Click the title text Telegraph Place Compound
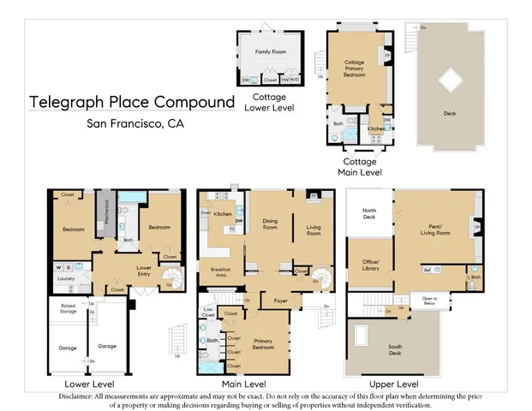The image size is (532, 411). point(132,102)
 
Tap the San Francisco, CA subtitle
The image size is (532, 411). point(135,123)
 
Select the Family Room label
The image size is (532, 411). point(269,51)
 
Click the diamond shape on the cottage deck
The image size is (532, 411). point(451,84)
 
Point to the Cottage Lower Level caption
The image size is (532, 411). point(269,103)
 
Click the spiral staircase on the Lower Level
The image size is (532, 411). point(171,277)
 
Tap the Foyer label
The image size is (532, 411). point(280,300)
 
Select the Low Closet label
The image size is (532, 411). point(207,313)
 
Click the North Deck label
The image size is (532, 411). point(369,213)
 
